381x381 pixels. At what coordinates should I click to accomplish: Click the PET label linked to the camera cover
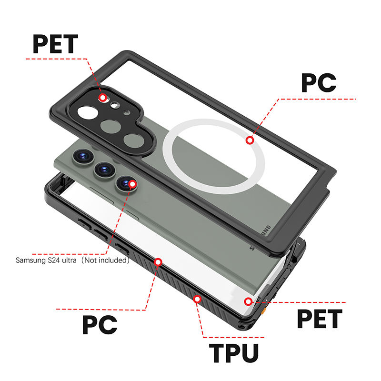point(55,44)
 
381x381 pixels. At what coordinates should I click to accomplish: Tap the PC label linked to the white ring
point(319,82)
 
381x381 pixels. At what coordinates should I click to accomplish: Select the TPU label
point(234,353)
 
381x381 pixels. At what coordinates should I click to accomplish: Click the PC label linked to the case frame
point(100,325)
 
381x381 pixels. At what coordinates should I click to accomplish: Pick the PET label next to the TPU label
point(320,319)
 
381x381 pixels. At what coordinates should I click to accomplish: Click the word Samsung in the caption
point(30,261)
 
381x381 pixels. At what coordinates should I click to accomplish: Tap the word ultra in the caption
point(69,260)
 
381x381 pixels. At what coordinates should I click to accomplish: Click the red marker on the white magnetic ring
point(250,140)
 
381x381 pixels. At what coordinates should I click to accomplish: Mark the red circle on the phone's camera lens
point(132,184)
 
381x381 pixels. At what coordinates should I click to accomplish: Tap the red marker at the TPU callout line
point(197,299)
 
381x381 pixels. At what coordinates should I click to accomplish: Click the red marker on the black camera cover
point(103,98)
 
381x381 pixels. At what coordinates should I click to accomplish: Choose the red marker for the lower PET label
point(248,301)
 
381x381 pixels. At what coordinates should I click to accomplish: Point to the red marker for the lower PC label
point(158,262)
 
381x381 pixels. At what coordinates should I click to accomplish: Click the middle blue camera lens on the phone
point(105,170)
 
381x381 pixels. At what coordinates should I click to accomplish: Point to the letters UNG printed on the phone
point(267,231)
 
